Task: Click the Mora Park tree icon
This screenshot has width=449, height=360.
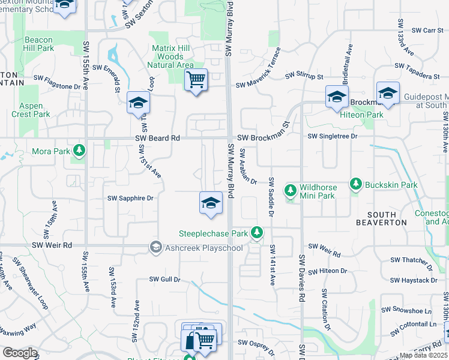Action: [x=79, y=149]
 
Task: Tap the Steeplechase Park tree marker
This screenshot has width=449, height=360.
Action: [x=257, y=232]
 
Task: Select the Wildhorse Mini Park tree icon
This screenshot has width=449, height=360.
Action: [x=291, y=190]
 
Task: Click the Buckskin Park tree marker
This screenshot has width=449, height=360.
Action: [x=356, y=184]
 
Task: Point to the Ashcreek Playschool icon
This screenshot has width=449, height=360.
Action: [x=156, y=247]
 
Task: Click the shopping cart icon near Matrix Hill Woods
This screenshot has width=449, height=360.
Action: [x=196, y=79]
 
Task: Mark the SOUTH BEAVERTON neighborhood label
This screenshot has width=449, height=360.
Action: [x=382, y=218]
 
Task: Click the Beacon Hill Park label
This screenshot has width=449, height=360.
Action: [x=39, y=44]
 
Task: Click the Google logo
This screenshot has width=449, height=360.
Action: [x=20, y=352]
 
